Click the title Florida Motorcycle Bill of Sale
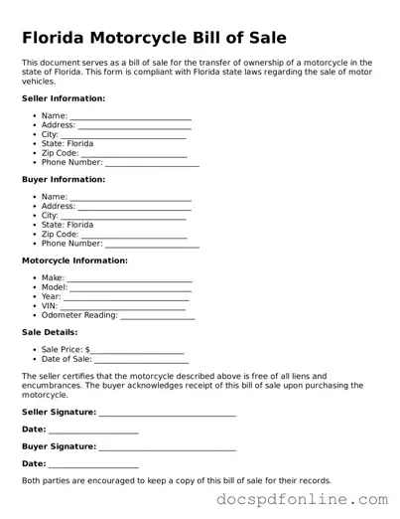coord(154,38)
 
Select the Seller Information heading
coord(64,98)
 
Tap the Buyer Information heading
coord(63,179)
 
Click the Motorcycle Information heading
coord(74,260)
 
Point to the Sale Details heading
coord(50,334)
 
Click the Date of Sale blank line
coord(137,361)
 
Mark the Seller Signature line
coord(168,413)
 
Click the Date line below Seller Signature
coord(93,431)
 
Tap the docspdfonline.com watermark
coord(305,500)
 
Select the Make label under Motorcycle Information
coord(53,278)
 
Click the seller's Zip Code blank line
coord(133,155)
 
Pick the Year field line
coord(126,298)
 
